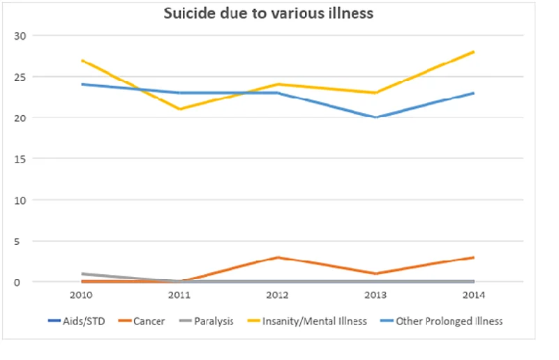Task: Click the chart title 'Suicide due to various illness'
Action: tap(269, 14)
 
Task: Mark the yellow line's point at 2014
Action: tap(474, 52)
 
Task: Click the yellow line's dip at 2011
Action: tap(180, 110)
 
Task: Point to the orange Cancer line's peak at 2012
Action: tap(278, 257)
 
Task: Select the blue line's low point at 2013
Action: tap(376, 117)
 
